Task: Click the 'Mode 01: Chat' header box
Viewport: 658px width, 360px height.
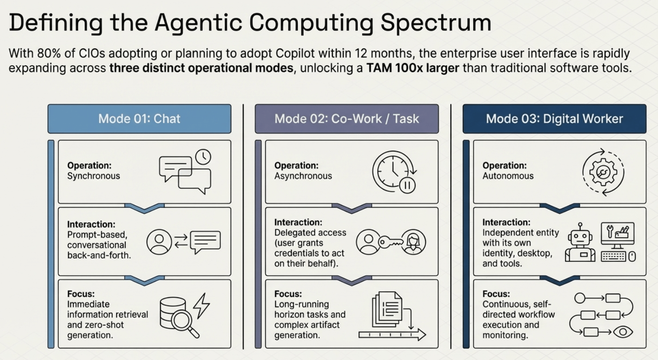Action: tap(139, 119)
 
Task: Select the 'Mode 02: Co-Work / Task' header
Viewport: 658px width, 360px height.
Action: tap(347, 119)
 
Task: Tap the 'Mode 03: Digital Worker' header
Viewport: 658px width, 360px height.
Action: tap(554, 119)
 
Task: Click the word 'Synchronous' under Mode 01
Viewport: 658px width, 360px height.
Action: tap(93, 176)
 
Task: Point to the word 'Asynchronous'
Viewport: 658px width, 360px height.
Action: tap(303, 176)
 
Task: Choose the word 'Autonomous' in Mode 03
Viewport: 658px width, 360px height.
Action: tap(508, 176)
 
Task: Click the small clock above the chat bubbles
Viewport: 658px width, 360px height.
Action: tap(203, 157)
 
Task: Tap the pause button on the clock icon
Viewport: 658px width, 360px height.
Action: tap(407, 185)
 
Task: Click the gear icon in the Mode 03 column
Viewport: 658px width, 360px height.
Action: tap(603, 172)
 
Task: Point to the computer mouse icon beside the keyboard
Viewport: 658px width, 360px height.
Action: tap(632, 256)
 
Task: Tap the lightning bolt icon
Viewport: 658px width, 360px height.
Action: tap(202, 305)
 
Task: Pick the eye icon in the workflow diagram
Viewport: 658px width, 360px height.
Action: tap(623, 332)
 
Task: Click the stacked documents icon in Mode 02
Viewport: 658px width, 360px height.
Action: tap(387, 309)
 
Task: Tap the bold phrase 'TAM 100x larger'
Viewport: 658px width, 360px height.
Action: tap(413, 68)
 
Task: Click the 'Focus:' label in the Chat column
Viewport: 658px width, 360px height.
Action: tap(81, 293)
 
